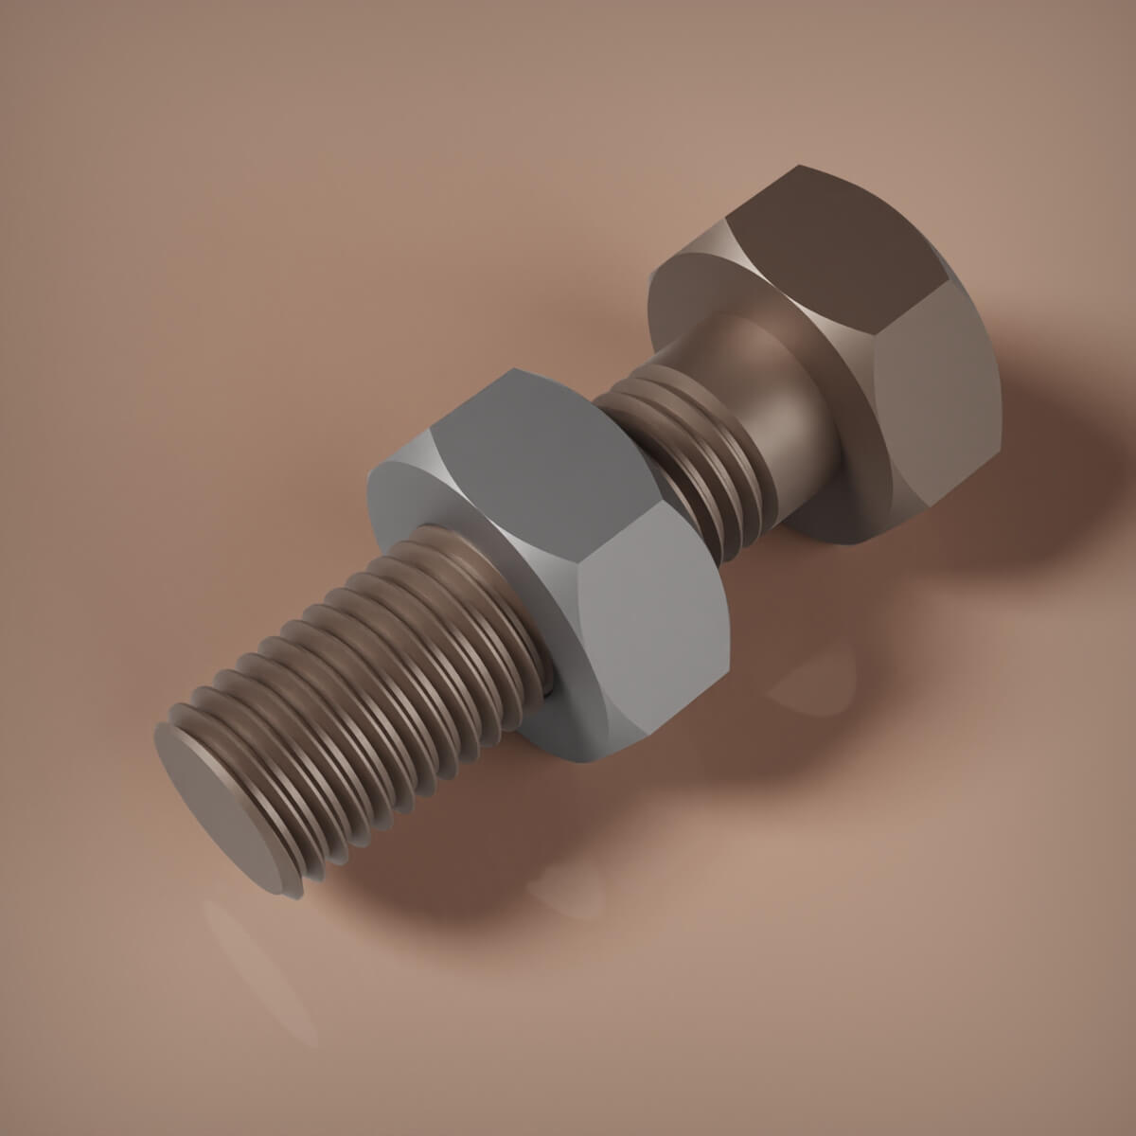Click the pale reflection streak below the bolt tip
coord(256,956)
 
